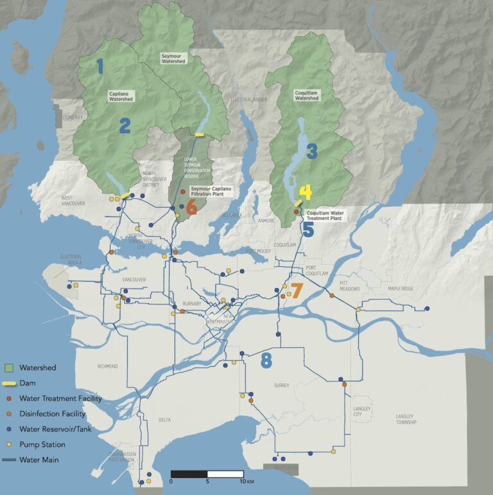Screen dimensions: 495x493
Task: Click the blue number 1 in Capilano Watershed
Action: [99, 66]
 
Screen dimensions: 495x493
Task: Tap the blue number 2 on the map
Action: [124, 125]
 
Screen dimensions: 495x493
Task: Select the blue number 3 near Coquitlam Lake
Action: [312, 152]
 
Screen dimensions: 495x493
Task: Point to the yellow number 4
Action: [305, 192]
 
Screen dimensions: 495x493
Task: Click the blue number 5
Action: [307, 230]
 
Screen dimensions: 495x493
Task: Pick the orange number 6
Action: [191, 208]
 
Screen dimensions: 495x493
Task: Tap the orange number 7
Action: [296, 291]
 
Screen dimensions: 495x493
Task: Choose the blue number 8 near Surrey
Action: [266, 361]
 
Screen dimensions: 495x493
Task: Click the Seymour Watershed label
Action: [174, 60]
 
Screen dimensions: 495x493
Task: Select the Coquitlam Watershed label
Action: [306, 95]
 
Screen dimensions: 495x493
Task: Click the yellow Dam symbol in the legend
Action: [9, 384]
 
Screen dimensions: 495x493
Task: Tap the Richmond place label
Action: [107, 366]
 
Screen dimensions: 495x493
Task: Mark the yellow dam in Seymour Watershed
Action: [200, 134]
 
